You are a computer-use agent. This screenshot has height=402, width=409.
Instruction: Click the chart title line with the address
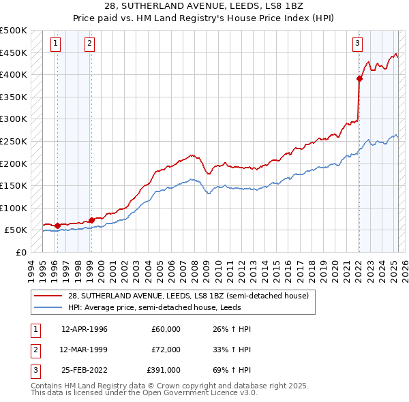click(204, 7)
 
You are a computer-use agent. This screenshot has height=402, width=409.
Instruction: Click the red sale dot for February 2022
click(359, 78)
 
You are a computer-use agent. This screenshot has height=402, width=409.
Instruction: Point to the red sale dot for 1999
click(91, 220)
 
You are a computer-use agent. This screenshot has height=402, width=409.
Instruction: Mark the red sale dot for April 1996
click(57, 226)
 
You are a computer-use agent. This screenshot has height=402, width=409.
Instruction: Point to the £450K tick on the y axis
click(14, 52)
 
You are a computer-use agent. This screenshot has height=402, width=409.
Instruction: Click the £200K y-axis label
click(14, 164)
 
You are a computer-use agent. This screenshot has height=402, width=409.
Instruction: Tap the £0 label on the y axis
click(20, 252)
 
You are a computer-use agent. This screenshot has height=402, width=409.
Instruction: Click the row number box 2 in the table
click(34, 349)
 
